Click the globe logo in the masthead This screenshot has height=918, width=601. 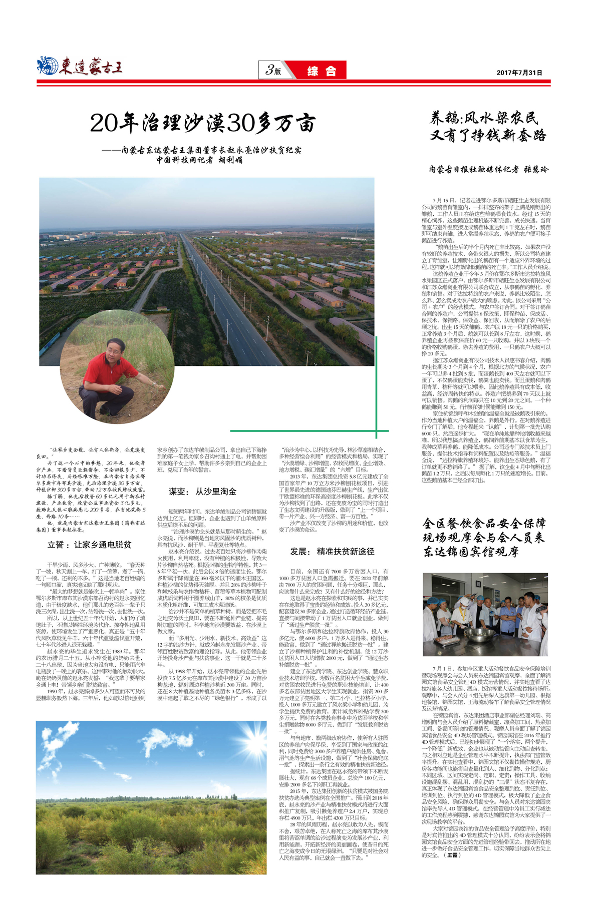coord(48,66)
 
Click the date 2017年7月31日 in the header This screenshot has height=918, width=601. coord(519,73)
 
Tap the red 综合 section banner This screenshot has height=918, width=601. coord(321,71)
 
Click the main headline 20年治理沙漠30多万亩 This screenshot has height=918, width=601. coord(203,123)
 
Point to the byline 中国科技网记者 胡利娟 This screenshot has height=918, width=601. coord(199,160)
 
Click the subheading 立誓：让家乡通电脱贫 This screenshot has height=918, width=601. coord(90,545)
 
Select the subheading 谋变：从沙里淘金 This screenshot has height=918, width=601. coord(202,492)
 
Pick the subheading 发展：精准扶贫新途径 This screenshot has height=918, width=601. coord(332,551)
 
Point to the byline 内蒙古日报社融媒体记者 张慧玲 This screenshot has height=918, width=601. coord(489,169)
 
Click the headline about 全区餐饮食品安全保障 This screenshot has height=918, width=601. coord(483,538)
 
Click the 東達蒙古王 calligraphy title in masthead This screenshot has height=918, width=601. coord(91,67)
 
